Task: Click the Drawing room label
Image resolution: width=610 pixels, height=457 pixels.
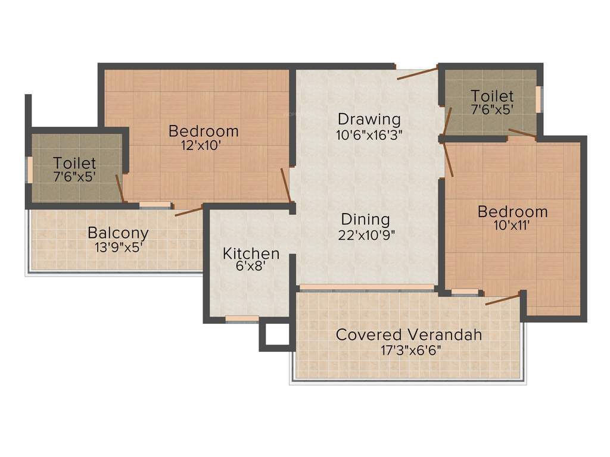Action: point(369,119)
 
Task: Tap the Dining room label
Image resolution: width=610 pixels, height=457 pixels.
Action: point(366,219)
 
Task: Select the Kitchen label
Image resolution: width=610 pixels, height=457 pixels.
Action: point(251,253)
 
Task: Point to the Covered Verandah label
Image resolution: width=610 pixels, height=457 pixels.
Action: point(409,334)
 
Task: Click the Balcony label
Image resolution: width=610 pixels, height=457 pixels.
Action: point(118,233)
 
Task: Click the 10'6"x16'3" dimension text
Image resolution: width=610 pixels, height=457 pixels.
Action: point(369,134)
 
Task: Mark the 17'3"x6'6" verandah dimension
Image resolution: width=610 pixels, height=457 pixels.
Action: point(410,349)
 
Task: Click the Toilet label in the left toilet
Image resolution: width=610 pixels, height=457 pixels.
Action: point(74,162)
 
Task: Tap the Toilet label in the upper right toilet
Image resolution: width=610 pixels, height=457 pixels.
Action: point(492,96)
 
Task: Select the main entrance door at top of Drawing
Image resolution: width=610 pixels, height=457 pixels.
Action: point(418,73)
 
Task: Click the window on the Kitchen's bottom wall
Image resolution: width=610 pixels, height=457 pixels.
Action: point(242,320)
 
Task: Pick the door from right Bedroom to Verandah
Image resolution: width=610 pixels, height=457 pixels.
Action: point(503,299)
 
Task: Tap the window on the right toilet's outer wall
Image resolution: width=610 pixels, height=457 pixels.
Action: point(541,99)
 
